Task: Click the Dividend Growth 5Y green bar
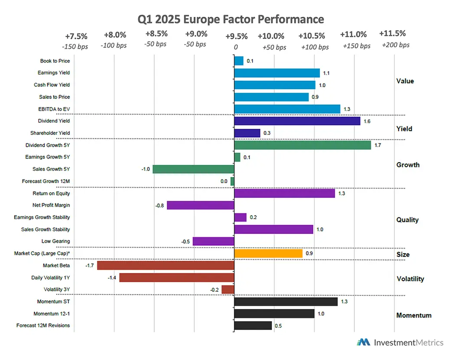point(302,145)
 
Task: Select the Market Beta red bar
point(166,265)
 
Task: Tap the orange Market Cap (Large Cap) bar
point(268,253)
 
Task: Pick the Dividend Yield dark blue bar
point(297,121)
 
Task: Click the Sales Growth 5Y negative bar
point(193,169)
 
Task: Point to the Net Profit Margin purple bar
point(200,205)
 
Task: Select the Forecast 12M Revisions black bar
point(253,325)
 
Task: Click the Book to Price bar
point(239,61)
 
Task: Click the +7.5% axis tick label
point(76,36)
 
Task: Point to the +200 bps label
point(396,45)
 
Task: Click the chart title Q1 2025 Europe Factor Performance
point(231,19)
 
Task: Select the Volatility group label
point(410,279)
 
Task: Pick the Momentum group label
point(414,315)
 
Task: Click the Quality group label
point(407,220)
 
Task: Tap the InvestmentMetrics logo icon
point(363,342)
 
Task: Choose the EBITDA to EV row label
point(54,109)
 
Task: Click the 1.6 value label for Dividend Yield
point(367,121)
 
